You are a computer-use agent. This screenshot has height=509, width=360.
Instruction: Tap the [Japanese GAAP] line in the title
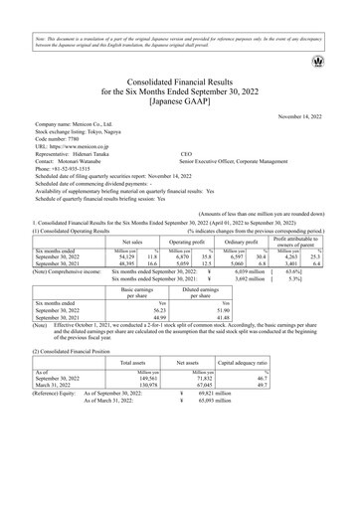click(x=180, y=100)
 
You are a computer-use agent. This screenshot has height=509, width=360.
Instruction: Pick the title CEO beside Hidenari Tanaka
click(x=186, y=170)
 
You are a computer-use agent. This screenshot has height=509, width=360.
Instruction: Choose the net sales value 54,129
click(x=124, y=257)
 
